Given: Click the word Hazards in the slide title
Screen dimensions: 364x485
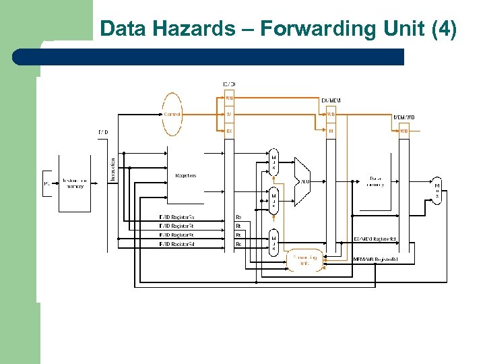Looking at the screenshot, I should point(201,29).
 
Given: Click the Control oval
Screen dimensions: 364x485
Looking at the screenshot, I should point(172,115).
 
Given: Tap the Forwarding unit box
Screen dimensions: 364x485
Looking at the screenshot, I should point(305,260).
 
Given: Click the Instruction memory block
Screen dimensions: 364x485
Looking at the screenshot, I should point(74,183).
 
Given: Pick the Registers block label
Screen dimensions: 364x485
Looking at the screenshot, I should point(186,175).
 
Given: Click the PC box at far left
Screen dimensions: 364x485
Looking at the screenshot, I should point(47,183).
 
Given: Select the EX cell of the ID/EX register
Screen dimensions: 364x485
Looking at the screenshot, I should point(229,131).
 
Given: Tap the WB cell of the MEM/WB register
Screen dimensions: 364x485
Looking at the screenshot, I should point(404,131).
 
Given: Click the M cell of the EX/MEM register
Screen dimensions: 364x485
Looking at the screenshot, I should point(331,131).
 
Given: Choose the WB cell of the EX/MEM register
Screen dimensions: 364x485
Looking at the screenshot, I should point(331,114).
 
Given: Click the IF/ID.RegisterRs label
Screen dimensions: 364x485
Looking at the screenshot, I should point(177,217).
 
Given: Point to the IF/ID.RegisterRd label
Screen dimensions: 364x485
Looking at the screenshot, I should point(177,243).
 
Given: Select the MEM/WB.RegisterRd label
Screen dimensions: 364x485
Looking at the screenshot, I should point(376,259).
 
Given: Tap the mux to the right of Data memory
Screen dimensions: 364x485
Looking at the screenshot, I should point(437,190).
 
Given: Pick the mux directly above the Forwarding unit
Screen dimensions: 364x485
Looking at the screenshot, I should point(273,243).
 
